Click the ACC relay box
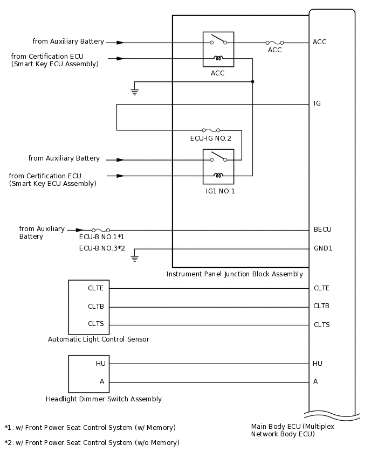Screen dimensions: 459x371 pos(218,49)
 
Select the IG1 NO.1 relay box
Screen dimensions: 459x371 pos(218,166)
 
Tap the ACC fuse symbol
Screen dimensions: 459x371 pos(274,43)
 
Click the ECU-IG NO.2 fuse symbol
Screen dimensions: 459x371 pos(210,130)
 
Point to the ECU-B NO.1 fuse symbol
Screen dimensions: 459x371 pos(101,230)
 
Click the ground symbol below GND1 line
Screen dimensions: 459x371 pos(135,258)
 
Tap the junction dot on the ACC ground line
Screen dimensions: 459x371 pos(252,81)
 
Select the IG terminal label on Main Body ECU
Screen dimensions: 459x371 pos(317,103)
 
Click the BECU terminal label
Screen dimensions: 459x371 pos(322,229)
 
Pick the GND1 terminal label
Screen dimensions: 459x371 pos(323,248)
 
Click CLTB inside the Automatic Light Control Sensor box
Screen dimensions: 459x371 pos(96,307)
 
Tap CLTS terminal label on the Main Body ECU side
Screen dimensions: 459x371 pos(321,325)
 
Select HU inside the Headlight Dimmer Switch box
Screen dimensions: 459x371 pos(101,364)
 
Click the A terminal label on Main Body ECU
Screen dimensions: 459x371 pos(315,381)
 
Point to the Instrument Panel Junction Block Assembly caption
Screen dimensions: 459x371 pos(235,274)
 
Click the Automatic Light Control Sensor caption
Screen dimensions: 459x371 pos(99,339)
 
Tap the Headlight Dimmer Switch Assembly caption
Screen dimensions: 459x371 pos(104,399)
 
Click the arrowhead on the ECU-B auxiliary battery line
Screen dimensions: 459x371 pos(80,230)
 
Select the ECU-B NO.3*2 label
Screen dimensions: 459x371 pos(102,248)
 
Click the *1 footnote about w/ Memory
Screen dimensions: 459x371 pos(90,428)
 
